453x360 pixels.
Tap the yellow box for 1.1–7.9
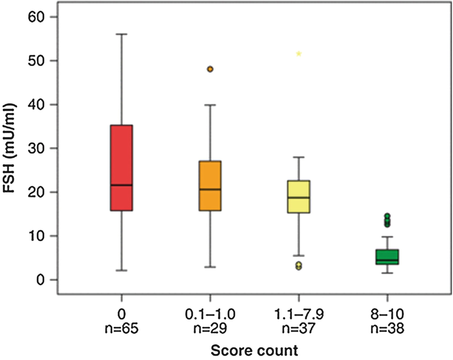click(299, 196)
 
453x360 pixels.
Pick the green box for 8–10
click(387, 257)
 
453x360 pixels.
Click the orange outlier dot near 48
click(210, 69)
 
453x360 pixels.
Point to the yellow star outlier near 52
click(299, 54)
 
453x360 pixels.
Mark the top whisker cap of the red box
click(121, 34)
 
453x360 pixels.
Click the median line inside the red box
click(121, 185)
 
